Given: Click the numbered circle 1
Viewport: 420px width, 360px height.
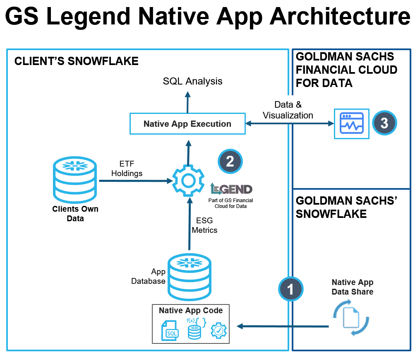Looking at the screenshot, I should [x=290, y=289].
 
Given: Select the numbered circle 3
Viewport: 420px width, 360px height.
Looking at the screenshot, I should [x=384, y=123].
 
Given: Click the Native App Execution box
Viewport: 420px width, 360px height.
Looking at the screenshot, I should [x=187, y=124].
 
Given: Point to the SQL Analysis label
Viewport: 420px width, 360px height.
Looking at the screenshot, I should [x=192, y=81].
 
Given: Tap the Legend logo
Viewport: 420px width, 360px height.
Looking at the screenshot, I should [x=231, y=189].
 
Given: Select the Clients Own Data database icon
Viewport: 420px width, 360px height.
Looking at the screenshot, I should [x=75, y=179].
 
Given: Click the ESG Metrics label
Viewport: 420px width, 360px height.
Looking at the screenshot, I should [x=204, y=225].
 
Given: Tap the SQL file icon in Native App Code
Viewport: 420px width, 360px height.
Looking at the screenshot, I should [x=170, y=330].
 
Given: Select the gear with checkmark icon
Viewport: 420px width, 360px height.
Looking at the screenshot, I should [x=218, y=331].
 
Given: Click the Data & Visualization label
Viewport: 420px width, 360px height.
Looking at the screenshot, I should [x=288, y=110].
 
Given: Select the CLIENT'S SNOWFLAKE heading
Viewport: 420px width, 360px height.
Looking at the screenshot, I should [x=76, y=62].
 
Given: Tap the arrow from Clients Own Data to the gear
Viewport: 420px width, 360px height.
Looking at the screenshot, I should [x=134, y=181].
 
